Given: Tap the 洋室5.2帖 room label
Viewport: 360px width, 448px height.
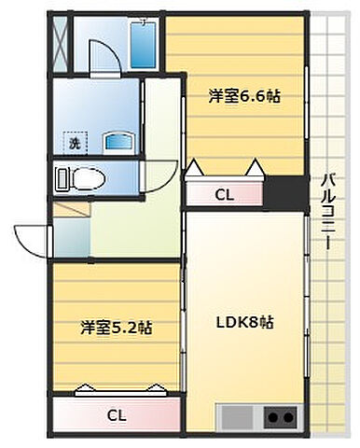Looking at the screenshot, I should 117,328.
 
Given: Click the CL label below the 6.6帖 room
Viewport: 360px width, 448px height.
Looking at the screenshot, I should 225,194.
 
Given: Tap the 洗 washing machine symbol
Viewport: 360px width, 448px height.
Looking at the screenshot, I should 73,144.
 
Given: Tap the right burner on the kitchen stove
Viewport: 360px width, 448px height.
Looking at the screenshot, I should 290,416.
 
